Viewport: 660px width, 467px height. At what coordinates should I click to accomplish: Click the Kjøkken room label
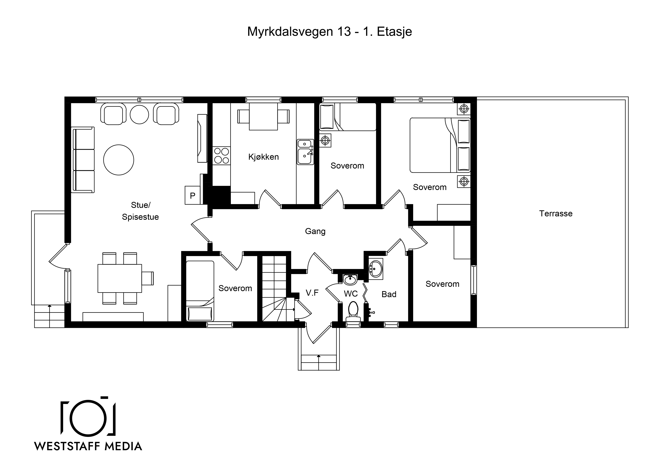point(263,157)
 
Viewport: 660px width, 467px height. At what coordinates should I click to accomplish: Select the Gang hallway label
point(315,232)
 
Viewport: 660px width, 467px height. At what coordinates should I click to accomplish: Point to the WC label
point(351,294)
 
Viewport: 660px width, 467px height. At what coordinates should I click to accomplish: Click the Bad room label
point(389,294)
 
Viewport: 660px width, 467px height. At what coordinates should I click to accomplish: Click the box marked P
point(193,195)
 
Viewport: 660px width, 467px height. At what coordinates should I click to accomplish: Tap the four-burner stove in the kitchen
point(221,156)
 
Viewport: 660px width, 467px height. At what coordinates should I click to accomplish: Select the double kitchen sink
point(305,152)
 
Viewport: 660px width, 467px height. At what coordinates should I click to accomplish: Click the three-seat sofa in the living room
point(83,160)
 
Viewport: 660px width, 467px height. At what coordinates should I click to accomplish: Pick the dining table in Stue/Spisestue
point(120,278)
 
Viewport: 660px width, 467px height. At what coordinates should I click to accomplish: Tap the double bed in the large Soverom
point(440,145)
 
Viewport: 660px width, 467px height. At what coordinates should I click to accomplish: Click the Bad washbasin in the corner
point(376,269)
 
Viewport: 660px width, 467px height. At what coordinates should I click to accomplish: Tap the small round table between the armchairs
point(139,114)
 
